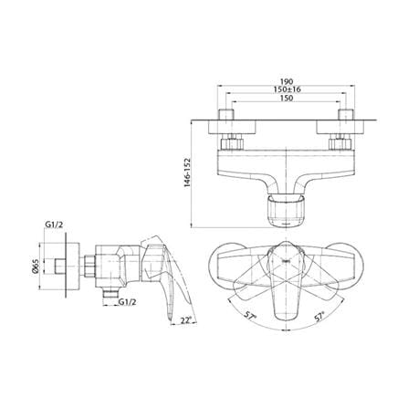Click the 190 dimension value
286,81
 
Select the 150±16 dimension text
287,89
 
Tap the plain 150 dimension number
287,98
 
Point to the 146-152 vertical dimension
187,173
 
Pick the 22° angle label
185,320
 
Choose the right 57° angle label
319,317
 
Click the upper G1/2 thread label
54,225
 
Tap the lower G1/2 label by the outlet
127,302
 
